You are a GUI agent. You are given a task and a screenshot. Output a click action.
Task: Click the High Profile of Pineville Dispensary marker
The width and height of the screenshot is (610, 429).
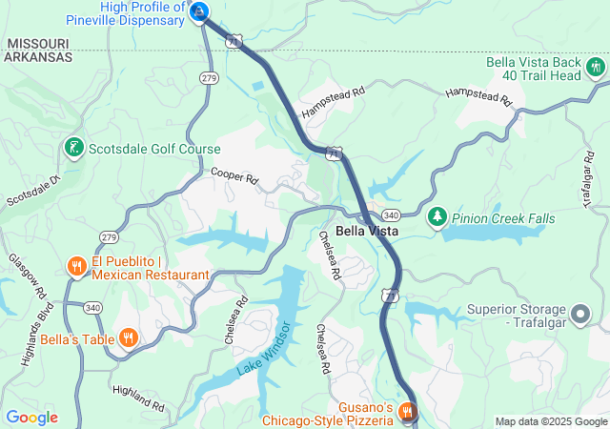coord(199,11)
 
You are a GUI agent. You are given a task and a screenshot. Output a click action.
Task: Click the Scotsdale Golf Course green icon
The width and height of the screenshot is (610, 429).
coord(73,148)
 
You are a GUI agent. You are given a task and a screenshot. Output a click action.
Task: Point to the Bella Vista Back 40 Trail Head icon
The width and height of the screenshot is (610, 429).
coord(596,67)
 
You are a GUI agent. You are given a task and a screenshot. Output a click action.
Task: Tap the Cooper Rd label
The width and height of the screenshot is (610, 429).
coord(234,177)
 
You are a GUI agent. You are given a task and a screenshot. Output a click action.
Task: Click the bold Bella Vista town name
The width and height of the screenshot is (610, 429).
coord(365,232)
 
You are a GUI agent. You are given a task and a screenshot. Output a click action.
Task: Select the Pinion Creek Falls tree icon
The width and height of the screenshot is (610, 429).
coord(437,217)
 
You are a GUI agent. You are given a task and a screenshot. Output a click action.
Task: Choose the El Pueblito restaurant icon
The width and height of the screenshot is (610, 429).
coord(76,266)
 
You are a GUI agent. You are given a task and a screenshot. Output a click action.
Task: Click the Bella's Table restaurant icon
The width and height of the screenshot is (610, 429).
coord(128,337)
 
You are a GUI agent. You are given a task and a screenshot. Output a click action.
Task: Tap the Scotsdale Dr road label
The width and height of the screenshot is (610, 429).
coord(33,190)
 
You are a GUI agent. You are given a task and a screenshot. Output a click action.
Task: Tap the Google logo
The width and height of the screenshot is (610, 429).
coord(31,417)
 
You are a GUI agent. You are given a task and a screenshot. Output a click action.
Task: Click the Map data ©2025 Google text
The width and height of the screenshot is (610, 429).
coord(550,421)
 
